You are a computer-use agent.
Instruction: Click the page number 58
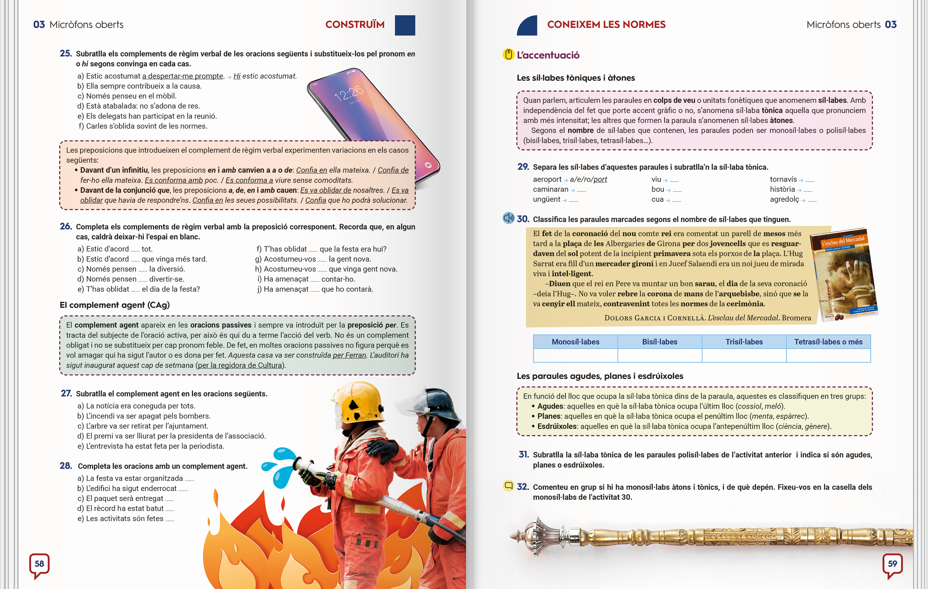(x=39, y=564)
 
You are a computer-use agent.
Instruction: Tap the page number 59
(x=892, y=564)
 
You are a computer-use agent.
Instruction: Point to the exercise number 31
(x=524, y=455)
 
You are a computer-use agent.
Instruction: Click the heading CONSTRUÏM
(x=355, y=25)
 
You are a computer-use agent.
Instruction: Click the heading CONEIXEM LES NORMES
(x=606, y=25)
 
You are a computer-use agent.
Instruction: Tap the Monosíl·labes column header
(x=575, y=342)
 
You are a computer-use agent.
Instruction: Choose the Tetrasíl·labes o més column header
(x=828, y=342)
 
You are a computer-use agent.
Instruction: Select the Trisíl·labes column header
(x=744, y=342)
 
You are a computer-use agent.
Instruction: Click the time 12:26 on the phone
(x=348, y=93)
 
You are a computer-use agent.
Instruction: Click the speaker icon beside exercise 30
(x=508, y=218)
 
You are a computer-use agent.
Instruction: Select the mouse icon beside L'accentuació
(x=508, y=55)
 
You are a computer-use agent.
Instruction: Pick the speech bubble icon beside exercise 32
(x=508, y=486)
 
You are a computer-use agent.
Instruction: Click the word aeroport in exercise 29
(x=547, y=179)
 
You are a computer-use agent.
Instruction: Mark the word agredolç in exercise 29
(x=784, y=199)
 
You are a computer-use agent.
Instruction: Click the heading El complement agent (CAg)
(x=115, y=305)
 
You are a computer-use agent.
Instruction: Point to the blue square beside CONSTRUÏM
(x=404, y=25)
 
